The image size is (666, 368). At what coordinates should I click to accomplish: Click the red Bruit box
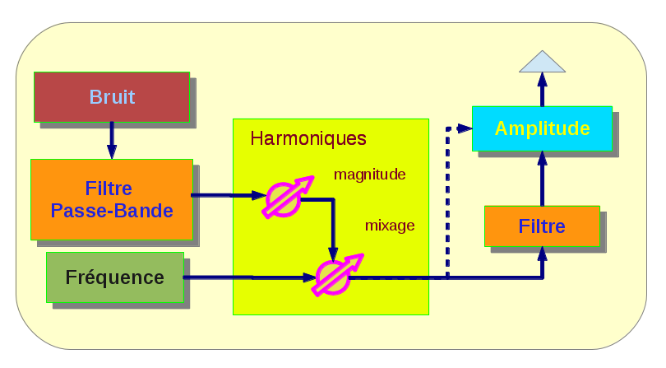point(111,97)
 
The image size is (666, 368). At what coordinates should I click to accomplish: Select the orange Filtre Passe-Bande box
point(111,199)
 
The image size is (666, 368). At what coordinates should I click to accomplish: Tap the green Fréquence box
point(114,277)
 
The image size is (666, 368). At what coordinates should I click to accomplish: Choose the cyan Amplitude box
point(542,128)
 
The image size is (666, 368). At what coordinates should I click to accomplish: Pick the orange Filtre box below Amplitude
point(542,226)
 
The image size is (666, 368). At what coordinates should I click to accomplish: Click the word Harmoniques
point(308,138)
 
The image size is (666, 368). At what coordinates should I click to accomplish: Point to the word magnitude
point(369,175)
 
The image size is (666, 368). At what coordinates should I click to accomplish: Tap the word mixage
point(390,225)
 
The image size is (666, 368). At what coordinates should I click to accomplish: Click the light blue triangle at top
point(542,62)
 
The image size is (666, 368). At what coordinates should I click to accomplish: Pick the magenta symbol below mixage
point(335,275)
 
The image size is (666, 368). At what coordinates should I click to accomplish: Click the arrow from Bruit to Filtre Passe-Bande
point(112,140)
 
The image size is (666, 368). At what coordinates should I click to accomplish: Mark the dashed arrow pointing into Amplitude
point(448,198)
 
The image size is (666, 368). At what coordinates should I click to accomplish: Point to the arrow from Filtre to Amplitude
point(542,179)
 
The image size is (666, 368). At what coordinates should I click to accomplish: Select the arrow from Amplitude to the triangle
point(542,89)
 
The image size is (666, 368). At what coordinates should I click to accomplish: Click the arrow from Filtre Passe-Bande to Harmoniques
point(222,196)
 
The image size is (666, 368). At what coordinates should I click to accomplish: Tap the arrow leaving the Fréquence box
point(247,277)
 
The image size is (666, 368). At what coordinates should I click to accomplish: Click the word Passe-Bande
point(112,211)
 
